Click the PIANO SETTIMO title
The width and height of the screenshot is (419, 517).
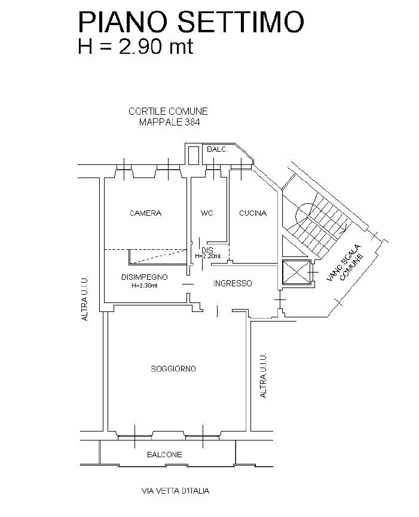[191, 22]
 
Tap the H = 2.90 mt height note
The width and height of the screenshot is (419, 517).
[135, 47]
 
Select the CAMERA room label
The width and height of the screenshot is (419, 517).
[146, 213]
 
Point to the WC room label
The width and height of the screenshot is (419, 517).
[207, 213]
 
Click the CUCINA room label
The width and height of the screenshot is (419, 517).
[253, 213]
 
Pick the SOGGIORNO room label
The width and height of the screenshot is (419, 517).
[173, 369]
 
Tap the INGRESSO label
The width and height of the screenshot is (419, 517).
[233, 283]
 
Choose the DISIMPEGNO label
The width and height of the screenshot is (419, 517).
[145, 277]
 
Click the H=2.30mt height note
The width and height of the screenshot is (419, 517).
[145, 286]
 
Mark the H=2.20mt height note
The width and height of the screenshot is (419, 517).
[207, 256]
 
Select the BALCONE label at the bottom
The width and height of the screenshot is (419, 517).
[164, 455]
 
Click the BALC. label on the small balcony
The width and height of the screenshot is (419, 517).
[217, 149]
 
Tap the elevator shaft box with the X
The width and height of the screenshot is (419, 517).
[296, 272]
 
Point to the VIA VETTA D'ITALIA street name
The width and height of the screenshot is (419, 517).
[175, 491]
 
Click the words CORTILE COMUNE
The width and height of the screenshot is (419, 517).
[168, 111]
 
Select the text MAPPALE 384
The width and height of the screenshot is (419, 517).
[169, 123]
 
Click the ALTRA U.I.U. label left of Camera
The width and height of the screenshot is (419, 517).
[85, 298]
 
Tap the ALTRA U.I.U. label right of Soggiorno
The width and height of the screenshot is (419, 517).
[263, 376]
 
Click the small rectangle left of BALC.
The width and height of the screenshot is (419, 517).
[193, 155]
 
